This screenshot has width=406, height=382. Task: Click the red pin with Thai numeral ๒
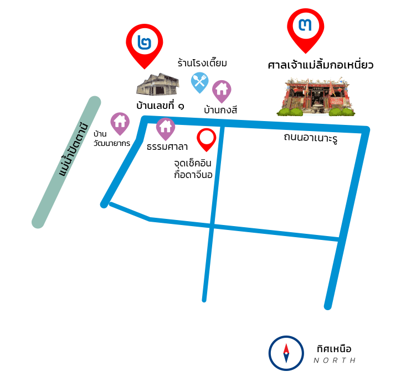[145, 43]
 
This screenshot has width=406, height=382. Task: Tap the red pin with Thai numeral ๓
[305, 26]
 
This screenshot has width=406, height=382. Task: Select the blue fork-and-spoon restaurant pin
[199, 81]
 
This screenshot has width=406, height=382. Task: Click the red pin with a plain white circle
[207, 138]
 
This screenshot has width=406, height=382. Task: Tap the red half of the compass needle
[286, 348]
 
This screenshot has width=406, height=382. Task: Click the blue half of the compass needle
[286, 358]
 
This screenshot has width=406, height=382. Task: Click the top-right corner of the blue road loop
[366, 130]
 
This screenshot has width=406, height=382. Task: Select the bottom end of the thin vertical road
[204, 300]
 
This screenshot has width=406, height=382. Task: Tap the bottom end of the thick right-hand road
[328, 306]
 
